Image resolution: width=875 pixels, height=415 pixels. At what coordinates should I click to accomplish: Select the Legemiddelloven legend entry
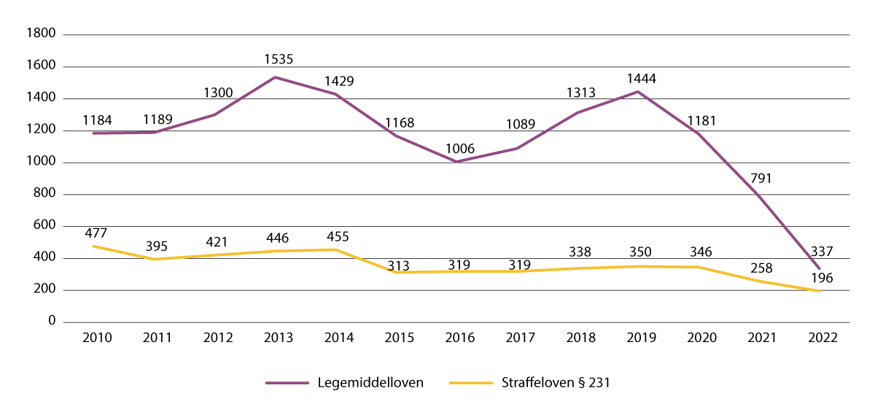tap(344, 382)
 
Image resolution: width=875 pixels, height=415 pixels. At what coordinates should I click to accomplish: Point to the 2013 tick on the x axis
tap(279, 338)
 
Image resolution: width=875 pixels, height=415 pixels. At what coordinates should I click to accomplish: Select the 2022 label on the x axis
tap(822, 338)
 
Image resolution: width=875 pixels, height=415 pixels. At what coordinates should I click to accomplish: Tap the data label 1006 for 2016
tap(460, 149)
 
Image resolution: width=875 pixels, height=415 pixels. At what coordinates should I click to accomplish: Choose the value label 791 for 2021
tap(761, 178)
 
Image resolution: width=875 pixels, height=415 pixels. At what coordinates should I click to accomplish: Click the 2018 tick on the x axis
tap(580, 338)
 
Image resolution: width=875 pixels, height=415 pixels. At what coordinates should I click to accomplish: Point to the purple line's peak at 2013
tap(279, 77)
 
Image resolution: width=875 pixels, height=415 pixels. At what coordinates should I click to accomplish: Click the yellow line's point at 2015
tap(399, 272)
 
